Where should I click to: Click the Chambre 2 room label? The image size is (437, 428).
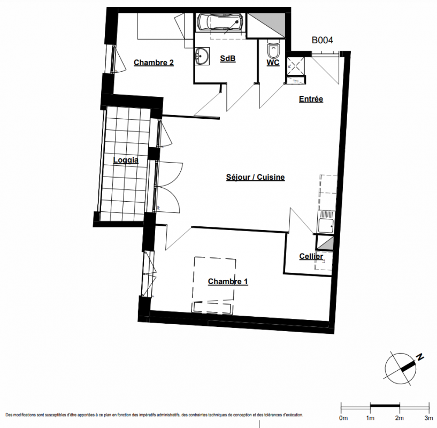(154, 63)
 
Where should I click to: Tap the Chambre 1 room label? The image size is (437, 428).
(228, 281)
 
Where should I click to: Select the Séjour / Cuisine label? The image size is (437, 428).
(255, 177)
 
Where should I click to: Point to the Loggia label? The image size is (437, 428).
(126, 160)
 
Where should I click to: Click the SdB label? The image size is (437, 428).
(228, 58)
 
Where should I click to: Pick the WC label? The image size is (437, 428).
(273, 63)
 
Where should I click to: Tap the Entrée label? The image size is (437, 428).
(311, 98)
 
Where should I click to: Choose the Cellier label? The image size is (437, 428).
(311, 256)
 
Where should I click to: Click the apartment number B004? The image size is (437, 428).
(322, 40)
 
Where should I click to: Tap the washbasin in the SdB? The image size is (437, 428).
(202, 56)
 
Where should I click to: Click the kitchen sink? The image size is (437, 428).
(326, 221)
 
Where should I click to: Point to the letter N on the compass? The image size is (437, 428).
(420, 357)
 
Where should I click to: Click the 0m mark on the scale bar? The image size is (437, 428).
(341, 408)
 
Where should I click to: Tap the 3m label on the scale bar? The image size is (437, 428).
(428, 418)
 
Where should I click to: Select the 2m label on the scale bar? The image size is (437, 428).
(400, 418)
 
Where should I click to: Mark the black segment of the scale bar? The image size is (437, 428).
(385, 405)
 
